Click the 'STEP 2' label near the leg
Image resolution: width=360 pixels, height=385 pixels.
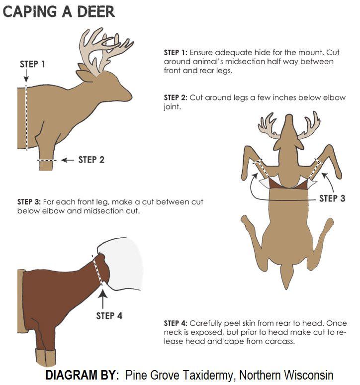pyautogui.click(x=91, y=160)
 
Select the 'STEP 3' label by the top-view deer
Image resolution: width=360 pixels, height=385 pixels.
pyautogui.click(x=332, y=198)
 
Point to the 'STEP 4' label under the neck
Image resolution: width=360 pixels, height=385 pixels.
pyautogui.click(x=109, y=315)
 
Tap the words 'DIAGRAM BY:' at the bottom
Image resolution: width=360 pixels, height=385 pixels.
pyautogui.click(x=82, y=375)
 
